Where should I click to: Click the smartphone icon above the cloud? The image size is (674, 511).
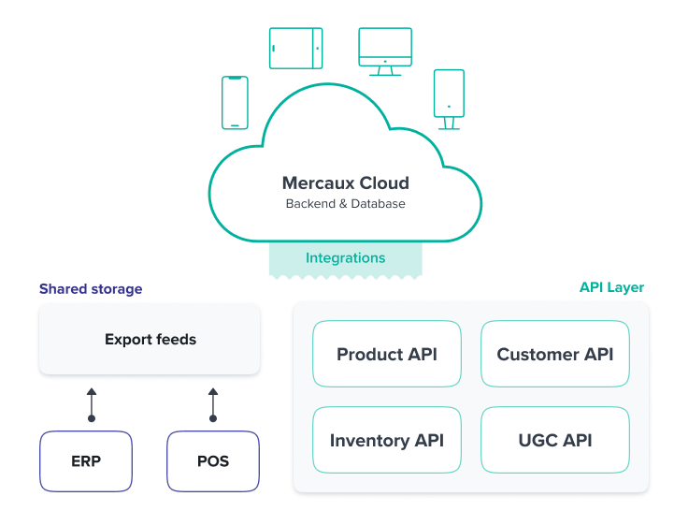point(235,102)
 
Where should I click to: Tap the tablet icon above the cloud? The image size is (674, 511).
point(295,48)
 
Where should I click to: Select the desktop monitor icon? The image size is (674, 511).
point(384,51)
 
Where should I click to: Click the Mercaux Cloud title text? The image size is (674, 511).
point(345,183)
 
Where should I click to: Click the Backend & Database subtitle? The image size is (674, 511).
point(345,203)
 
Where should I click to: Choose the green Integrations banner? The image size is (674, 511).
point(345,258)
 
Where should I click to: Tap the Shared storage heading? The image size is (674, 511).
point(91,289)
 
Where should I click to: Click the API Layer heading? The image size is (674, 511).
point(611,287)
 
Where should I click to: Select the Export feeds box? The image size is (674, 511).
point(150,339)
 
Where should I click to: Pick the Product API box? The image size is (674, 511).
point(386,354)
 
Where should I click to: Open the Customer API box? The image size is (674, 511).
point(554,354)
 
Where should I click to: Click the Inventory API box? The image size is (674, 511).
point(386,440)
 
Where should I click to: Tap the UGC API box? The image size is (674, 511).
point(554,440)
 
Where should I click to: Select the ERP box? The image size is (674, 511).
point(86,460)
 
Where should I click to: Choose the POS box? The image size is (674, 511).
point(213,460)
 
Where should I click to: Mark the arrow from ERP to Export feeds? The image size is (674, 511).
point(92,405)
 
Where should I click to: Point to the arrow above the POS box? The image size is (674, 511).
point(213,405)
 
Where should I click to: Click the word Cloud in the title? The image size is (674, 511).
point(384,183)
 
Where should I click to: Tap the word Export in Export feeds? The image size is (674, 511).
point(127,339)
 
